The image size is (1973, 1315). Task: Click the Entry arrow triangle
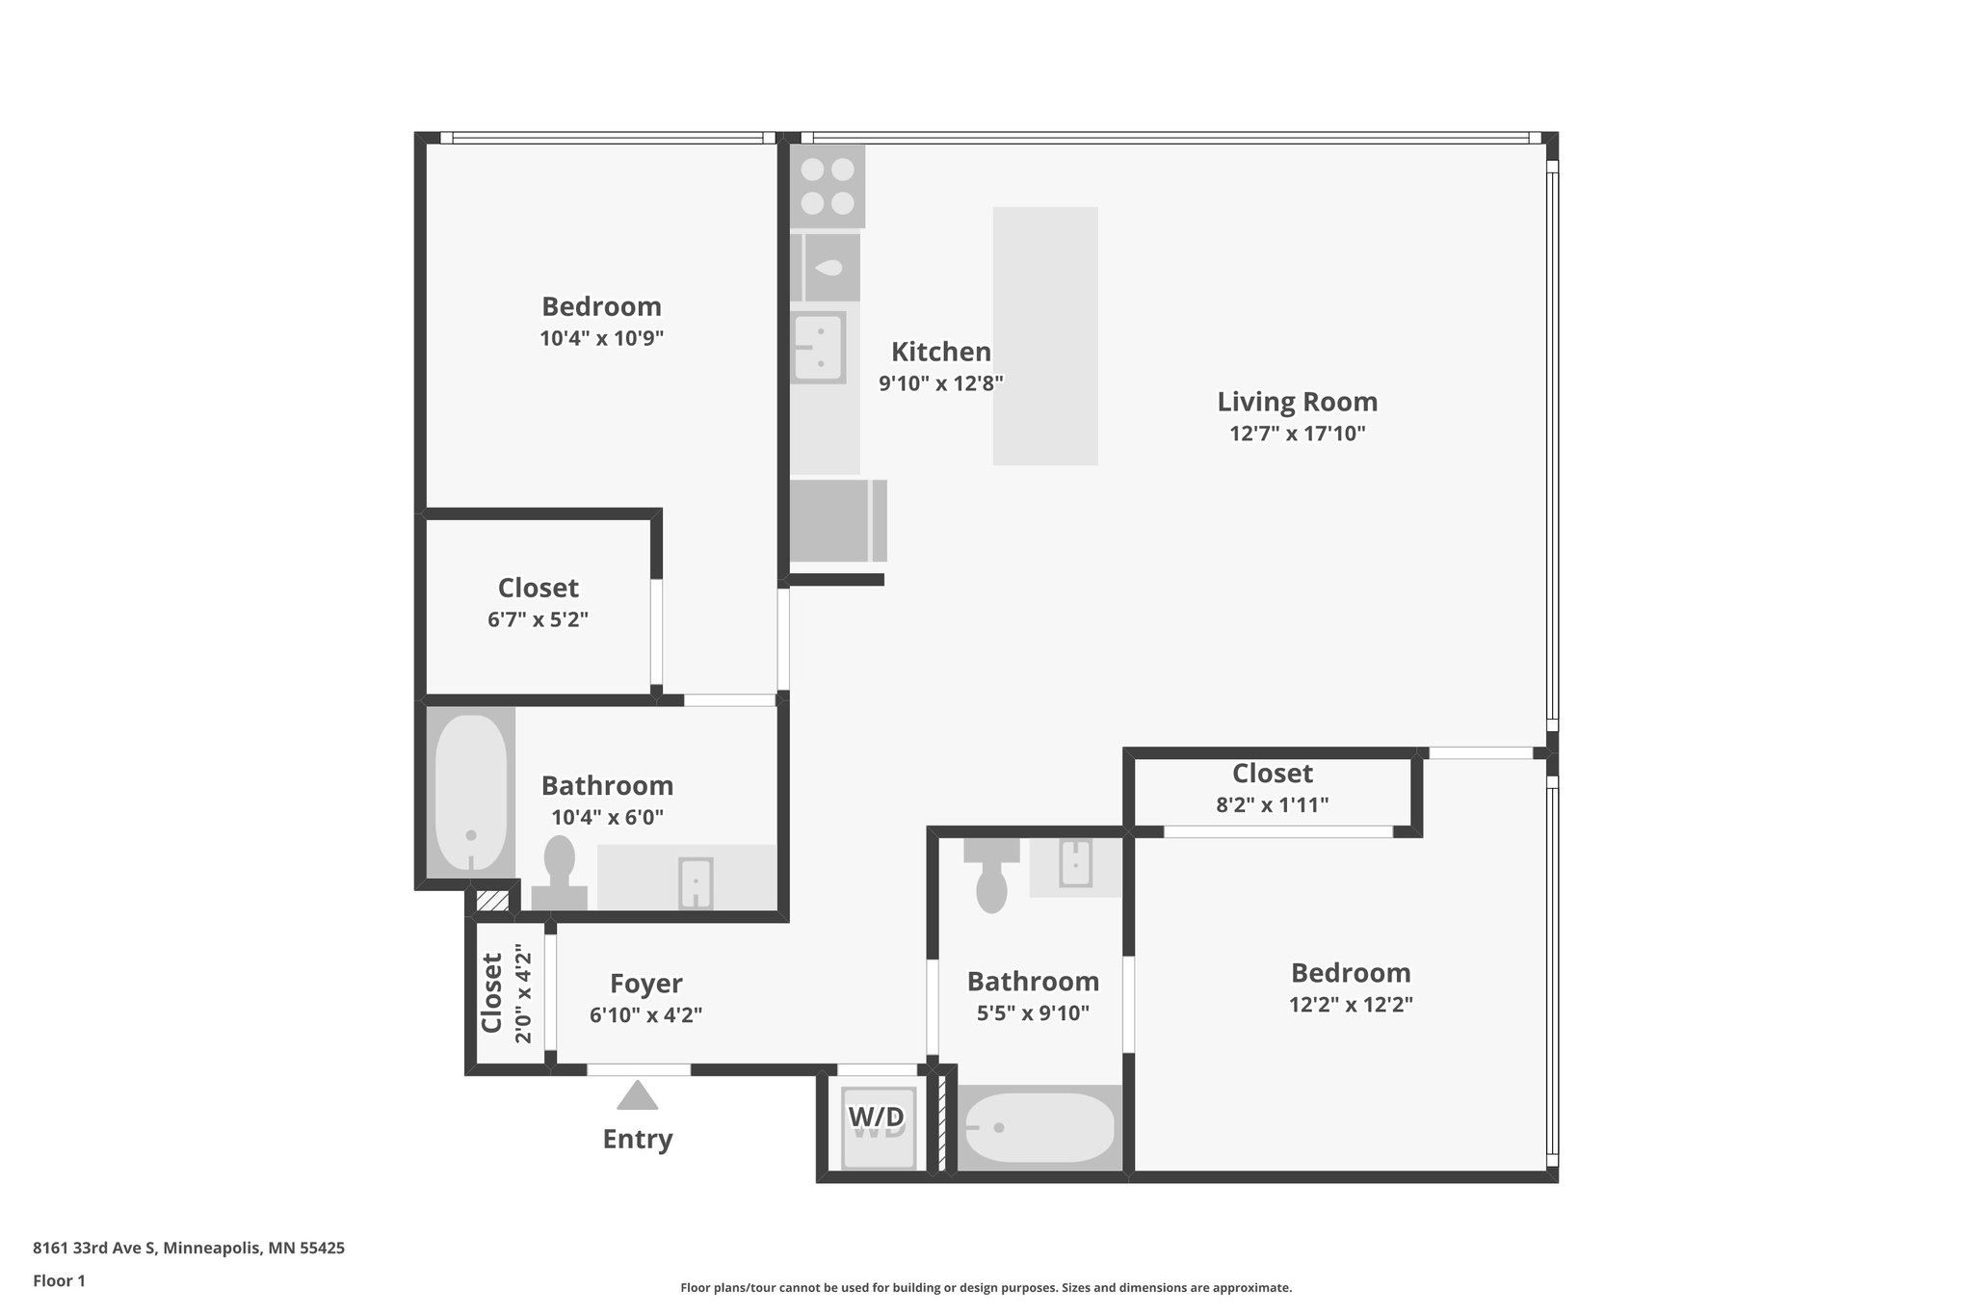637,1095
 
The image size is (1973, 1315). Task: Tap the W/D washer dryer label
877,1118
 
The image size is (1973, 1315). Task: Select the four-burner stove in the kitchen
828,186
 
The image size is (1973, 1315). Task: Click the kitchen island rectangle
1045,335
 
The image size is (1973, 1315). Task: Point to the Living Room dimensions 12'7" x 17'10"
1297,434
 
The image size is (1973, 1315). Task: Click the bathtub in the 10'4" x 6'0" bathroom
470,792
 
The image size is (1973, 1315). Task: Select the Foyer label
645,984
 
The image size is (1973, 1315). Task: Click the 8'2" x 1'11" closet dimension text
1272,804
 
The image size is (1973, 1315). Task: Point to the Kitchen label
940,352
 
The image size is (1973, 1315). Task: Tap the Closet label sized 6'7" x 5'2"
538,588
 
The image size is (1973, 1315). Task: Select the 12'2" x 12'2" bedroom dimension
1351,1005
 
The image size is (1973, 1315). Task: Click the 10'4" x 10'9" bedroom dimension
601,338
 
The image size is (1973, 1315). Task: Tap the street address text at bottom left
189,1249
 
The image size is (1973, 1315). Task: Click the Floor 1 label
59,1281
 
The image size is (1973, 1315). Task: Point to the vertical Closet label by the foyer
492,992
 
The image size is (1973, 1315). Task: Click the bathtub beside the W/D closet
1039,1128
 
